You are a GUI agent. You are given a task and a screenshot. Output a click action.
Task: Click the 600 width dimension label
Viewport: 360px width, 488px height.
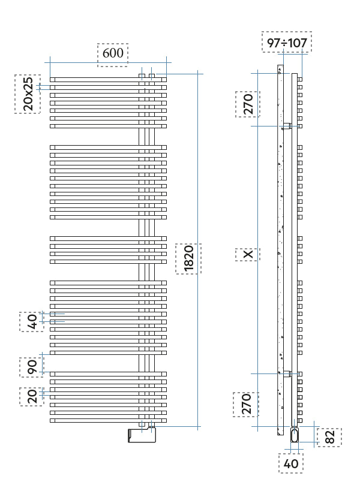coord(113,53)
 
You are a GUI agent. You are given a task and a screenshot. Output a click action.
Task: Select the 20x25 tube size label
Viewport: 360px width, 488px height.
coord(28,94)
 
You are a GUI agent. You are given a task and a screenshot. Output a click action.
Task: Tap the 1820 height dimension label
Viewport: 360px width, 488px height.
coord(188,258)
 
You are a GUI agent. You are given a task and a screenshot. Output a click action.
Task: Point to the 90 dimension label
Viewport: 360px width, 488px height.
coord(32,366)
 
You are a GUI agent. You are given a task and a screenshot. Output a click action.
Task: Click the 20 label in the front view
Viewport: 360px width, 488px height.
coord(32,396)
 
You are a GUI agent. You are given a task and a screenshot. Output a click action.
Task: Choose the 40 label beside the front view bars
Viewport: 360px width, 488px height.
coord(32,322)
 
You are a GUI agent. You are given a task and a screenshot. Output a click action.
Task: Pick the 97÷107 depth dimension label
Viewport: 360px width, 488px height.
coord(287,43)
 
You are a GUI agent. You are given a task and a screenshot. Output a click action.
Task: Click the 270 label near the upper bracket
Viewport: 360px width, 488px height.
coord(247,104)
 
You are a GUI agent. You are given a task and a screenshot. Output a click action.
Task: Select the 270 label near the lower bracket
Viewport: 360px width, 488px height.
coord(246,404)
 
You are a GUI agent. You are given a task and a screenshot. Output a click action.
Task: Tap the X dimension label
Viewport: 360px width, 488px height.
coord(248,255)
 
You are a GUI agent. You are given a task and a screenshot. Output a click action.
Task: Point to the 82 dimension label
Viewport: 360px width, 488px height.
coord(329,437)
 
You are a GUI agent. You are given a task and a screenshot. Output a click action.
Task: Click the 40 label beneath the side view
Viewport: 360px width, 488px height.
coord(291,463)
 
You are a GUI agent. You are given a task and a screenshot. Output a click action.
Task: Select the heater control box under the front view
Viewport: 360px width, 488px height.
coord(142,435)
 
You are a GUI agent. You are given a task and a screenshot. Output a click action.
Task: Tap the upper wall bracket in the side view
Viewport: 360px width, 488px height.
coord(288,126)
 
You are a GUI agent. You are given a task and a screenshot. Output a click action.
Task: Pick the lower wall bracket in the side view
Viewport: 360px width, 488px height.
coord(288,373)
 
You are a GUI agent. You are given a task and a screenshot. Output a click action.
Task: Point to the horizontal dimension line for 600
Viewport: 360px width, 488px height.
coord(72,62)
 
